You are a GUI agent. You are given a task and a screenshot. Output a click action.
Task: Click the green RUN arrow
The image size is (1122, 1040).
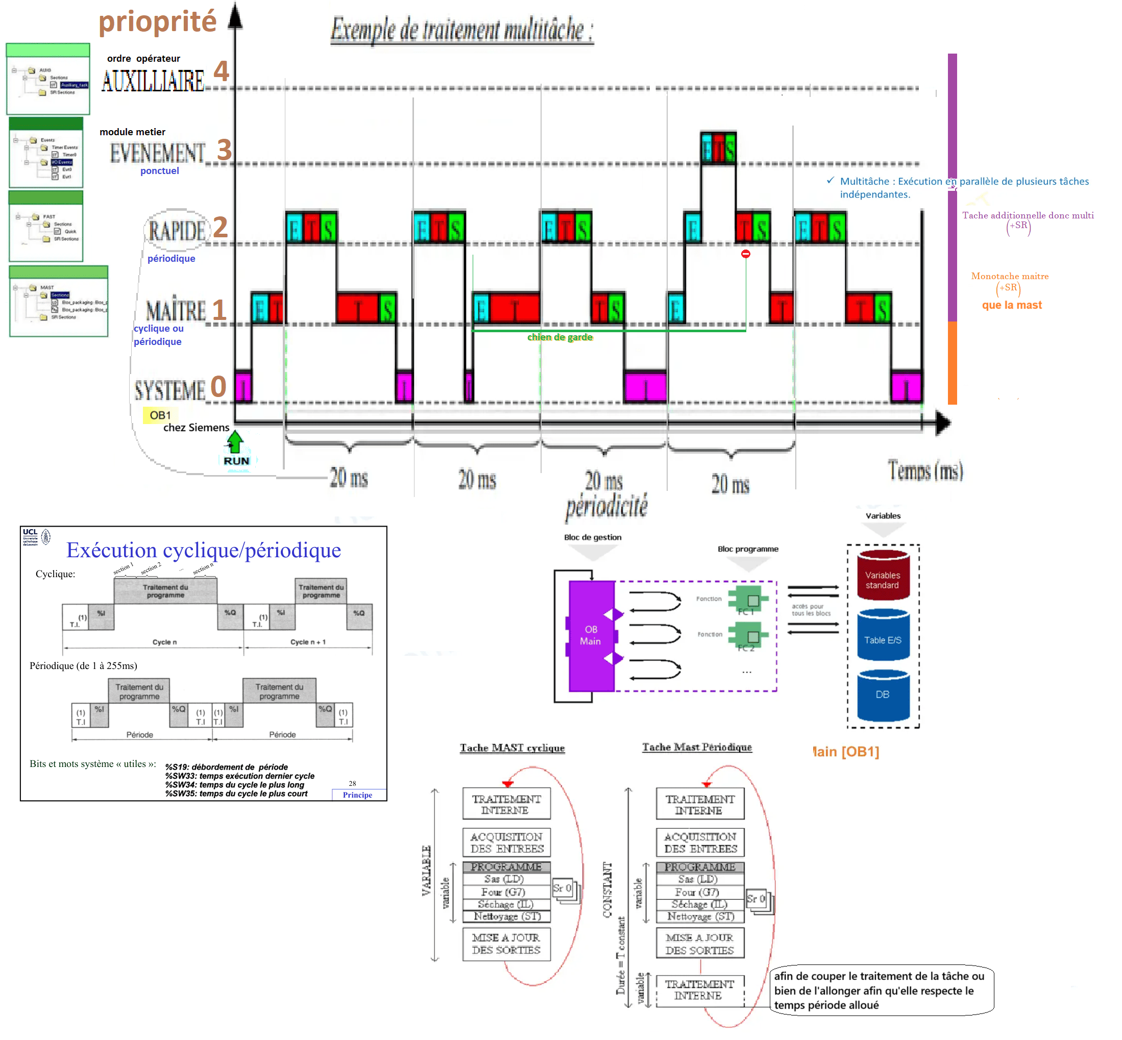(235, 443)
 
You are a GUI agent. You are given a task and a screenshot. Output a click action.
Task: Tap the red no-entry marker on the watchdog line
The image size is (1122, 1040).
(745, 254)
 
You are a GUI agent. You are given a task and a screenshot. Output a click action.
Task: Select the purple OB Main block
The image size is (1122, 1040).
(591, 635)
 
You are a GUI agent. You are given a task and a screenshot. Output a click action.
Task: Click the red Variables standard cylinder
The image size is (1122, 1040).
(882, 575)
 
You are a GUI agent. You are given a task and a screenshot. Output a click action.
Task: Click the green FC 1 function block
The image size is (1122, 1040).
(748, 601)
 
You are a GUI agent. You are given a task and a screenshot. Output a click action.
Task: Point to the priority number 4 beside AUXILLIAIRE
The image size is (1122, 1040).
(221, 71)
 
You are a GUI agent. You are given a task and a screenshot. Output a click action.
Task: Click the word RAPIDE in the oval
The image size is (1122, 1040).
(177, 231)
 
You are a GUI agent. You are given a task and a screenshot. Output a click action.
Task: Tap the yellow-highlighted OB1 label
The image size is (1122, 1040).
(160, 415)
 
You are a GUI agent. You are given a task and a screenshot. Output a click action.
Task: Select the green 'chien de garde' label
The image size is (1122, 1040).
(559, 337)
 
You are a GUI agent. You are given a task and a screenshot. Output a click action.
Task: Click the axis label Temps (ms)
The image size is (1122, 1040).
(925, 471)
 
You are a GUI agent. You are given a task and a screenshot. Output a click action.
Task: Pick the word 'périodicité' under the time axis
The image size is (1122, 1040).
(606, 506)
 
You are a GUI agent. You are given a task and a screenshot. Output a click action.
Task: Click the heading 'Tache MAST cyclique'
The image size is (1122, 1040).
(511, 748)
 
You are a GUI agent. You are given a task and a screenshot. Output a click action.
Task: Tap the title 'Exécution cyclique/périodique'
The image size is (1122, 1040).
(203, 550)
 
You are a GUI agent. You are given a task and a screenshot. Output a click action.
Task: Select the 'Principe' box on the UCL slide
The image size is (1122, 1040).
(357, 795)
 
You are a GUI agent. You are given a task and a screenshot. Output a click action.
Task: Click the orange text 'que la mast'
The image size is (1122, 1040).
(1012, 305)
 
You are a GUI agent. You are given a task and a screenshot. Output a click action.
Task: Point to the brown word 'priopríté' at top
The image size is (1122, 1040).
(157, 21)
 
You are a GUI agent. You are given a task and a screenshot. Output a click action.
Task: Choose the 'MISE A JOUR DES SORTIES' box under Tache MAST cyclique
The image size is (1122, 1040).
(506, 944)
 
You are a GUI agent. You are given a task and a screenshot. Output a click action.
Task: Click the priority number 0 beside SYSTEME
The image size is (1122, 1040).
(218, 387)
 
